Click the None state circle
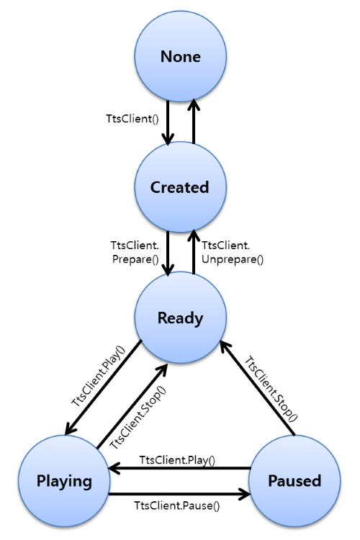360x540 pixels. pos(179,56)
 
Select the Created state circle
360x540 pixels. pos(179,187)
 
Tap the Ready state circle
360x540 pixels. pos(179,318)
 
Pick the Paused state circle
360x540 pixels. pos(294,480)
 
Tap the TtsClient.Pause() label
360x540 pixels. pos(179,505)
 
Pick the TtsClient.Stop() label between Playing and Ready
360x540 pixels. pos(138,418)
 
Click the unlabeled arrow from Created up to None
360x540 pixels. pos(193,122)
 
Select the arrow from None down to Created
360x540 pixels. pos(167,122)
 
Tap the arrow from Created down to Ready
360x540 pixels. pos(167,252)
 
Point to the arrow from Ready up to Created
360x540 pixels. pos(193,252)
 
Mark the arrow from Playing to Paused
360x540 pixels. pos(180,495)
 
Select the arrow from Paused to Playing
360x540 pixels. pos(180,469)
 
